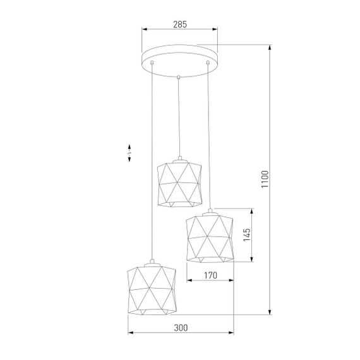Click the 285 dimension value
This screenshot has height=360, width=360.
179,23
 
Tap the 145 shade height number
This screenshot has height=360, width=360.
248,235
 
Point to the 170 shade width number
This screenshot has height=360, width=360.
210,275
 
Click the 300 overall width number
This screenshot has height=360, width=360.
181,327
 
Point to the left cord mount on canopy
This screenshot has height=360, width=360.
152,63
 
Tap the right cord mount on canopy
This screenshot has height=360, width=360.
207,63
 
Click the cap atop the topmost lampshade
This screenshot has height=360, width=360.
179,158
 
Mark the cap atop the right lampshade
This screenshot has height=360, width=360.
210,210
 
